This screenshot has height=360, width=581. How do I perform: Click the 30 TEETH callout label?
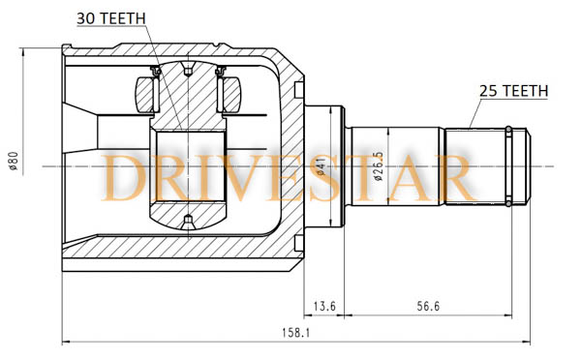(x=111, y=18)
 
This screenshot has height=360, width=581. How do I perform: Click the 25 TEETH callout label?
(x=513, y=91)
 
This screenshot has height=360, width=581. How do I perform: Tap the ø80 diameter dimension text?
(x=14, y=161)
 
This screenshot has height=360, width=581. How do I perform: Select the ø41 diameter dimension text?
(x=321, y=166)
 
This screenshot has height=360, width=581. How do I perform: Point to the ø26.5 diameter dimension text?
(x=379, y=166)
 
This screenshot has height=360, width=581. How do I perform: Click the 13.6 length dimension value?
(x=324, y=307)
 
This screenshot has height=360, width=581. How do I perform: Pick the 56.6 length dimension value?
(x=428, y=307)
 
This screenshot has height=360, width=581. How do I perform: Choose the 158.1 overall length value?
(x=295, y=333)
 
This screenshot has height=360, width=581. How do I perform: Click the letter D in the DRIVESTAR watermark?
(x=124, y=178)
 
